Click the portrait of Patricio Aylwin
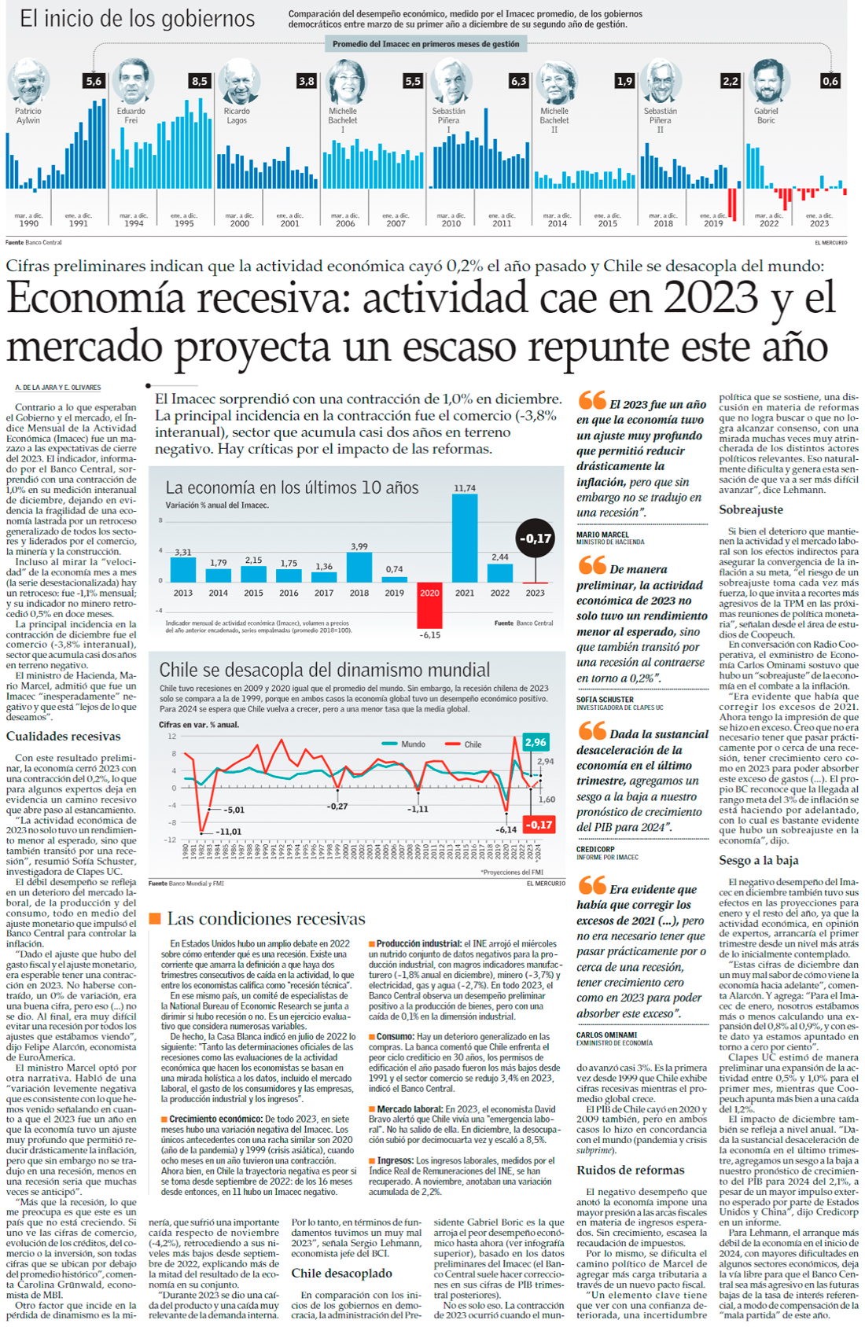28,82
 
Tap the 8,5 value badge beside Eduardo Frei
199,81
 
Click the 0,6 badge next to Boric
830,81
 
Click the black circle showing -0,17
536,539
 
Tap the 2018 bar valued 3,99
359,567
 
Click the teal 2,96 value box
536,742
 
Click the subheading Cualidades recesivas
64,737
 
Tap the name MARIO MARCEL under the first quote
602,535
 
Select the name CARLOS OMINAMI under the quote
606,1035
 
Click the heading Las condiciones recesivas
266,918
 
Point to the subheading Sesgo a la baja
758,860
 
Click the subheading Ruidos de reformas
630,1170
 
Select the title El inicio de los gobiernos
137,19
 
